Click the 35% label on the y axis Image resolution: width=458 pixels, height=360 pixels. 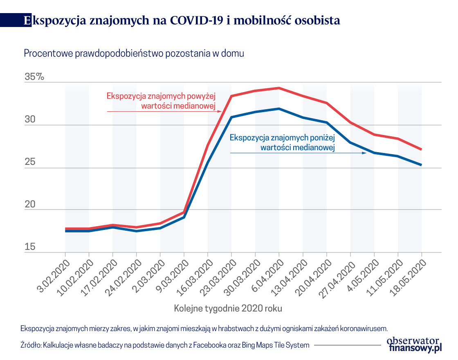(34, 76)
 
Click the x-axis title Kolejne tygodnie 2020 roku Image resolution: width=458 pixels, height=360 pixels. (228, 308)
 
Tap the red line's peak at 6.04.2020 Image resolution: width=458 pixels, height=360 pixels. (279, 88)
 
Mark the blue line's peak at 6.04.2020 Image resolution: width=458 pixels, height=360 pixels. (279, 108)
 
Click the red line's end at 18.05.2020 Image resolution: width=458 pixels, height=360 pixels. (421, 149)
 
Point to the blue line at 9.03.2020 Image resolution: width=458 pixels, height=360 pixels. (184, 217)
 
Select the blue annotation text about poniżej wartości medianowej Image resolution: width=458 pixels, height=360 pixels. (282, 143)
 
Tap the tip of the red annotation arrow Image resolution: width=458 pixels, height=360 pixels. (221, 111)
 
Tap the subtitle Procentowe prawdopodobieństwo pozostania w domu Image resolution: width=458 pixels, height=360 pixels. (134, 54)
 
